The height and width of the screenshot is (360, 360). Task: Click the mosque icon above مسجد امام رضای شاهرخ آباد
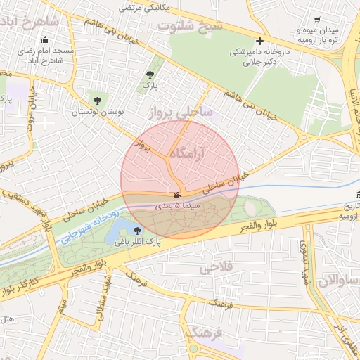(x=46, y=39)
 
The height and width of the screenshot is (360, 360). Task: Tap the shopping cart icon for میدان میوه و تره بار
(x=318, y=20)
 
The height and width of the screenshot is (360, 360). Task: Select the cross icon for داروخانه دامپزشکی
(x=260, y=41)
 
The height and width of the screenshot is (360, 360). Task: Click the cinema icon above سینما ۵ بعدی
(x=176, y=194)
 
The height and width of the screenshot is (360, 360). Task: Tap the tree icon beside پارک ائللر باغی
(x=137, y=230)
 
